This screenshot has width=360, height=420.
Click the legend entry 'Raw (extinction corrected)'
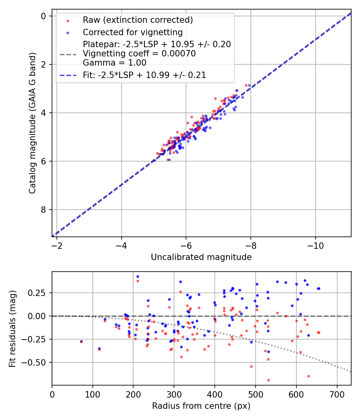[138, 20]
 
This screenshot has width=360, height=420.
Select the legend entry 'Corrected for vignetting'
[132, 32]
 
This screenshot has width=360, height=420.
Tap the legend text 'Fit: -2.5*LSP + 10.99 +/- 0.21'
[144, 75]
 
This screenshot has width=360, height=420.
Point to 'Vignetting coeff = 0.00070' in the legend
[139, 54]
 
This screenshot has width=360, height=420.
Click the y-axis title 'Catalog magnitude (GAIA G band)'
[33, 123]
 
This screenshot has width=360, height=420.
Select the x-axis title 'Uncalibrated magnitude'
[201, 257]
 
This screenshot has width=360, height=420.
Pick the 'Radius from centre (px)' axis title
[201, 406]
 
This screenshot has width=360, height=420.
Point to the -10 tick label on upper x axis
[315, 244]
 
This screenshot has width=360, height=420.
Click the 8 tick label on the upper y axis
[43, 210]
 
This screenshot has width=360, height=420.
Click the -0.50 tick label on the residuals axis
[35, 362]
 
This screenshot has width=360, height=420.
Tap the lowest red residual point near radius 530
[268, 380]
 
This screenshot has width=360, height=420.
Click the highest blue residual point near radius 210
[138, 276]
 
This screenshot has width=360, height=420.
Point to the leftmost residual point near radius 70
[81, 342]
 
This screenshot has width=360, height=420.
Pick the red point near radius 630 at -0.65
[308, 376]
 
